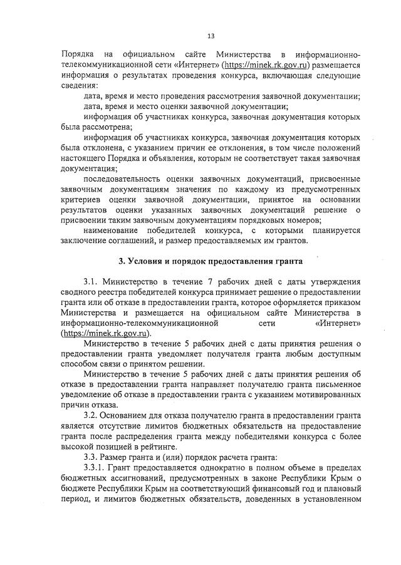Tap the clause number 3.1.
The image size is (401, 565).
coord(91,282)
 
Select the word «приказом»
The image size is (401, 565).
coord(344,303)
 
